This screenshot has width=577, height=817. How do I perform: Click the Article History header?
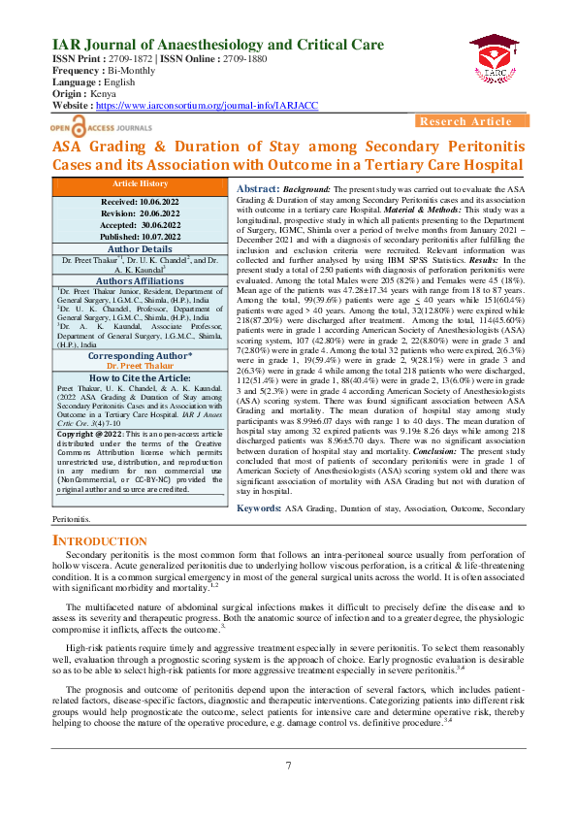coord(141,183)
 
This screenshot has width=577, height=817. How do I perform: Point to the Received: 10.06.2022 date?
coord(141,199)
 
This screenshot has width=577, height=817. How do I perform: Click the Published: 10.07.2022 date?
coord(141,235)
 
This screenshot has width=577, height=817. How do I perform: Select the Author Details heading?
coord(141,248)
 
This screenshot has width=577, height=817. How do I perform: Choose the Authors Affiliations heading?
coord(141,280)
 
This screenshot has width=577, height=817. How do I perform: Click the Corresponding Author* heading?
coord(141,355)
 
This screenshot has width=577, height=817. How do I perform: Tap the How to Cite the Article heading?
coord(141,378)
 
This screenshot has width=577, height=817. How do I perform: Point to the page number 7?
coord(288,766)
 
